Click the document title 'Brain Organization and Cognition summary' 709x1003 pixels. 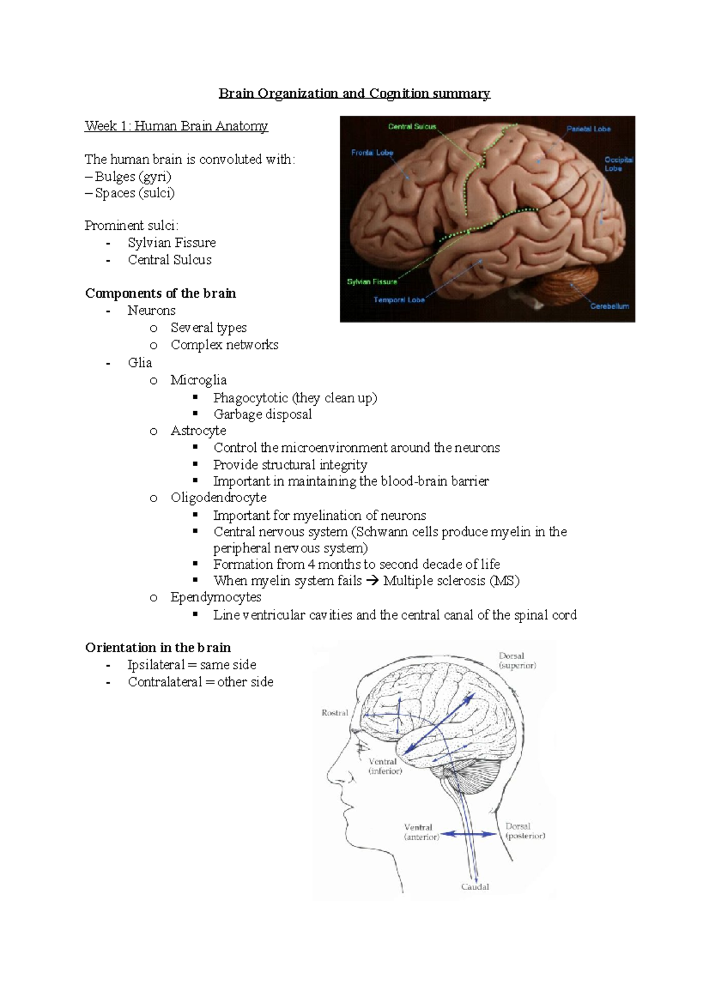tap(354, 93)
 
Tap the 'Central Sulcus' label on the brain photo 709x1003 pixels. tap(412, 126)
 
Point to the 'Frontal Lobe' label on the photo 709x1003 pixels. tap(372, 152)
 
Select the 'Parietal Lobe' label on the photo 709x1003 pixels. tap(588, 129)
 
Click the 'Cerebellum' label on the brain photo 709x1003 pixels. tap(610, 306)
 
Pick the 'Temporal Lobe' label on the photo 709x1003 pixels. tap(399, 299)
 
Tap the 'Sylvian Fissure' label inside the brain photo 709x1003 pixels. tap(372, 282)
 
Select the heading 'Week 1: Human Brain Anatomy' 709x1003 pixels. tap(176, 126)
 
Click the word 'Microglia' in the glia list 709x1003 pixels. tap(199, 380)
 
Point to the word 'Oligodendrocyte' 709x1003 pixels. tap(219, 497)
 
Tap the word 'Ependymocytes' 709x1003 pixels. tap(216, 597)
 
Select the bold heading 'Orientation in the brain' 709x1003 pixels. tap(158, 647)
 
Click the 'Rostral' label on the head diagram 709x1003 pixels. tap(334, 713)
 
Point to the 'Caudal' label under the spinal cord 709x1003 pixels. tap(475, 887)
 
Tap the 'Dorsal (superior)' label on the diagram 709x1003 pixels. tap(517, 660)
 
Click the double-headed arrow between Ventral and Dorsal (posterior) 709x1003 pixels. tap(470, 834)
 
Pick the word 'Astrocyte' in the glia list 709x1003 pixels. tap(198, 431)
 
